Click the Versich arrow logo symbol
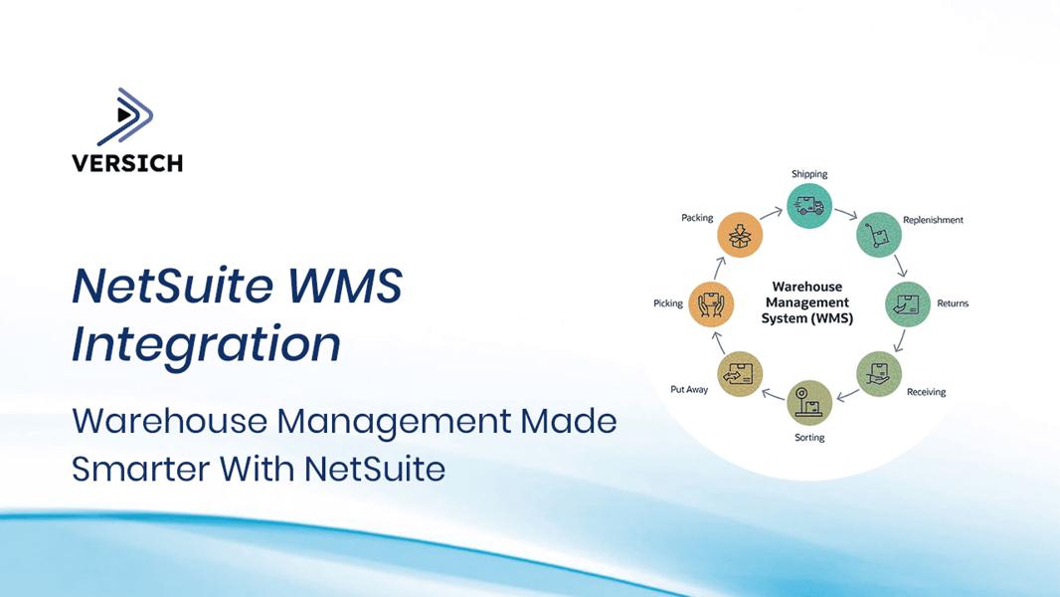(125, 116)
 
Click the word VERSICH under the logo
(127, 163)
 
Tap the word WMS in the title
(345, 286)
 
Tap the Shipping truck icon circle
(809, 206)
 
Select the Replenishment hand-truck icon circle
(879, 235)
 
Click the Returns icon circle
(907, 304)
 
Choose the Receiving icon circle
(879, 374)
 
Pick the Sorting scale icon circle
(809, 402)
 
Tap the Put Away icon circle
(740, 374)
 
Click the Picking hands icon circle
(711, 304)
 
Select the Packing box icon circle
(740, 235)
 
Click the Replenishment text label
(933, 220)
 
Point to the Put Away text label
(689, 389)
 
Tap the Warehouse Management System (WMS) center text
(807, 302)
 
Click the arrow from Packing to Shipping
(772, 214)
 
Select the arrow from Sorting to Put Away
(774, 393)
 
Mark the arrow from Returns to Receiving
(899, 340)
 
